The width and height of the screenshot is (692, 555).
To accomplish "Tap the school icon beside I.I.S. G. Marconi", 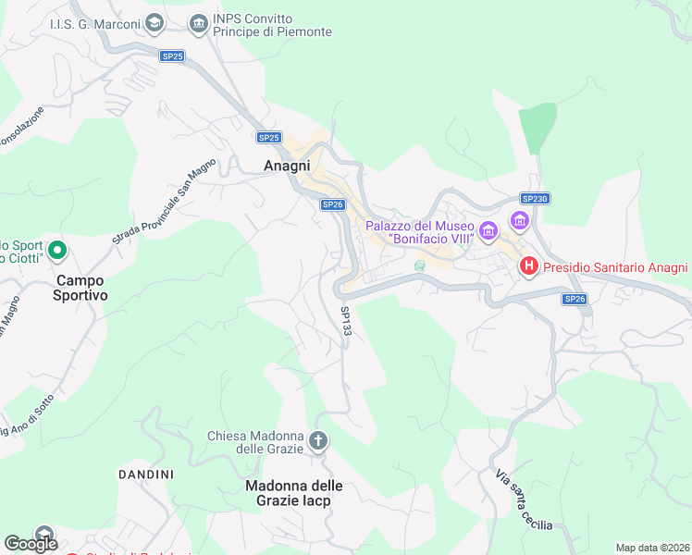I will pyautogui.click(x=155, y=22).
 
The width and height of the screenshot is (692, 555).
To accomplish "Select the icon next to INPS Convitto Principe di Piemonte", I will pyautogui.click(x=198, y=22).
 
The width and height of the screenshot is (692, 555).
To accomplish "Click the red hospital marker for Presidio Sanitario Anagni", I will pyautogui.click(x=529, y=266).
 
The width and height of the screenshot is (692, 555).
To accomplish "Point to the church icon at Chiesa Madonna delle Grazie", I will pyautogui.click(x=318, y=441).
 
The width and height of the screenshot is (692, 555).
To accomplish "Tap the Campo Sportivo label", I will pyautogui.click(x=80, y=288).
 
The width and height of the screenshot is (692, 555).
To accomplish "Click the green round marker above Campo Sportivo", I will pyautogui.click(x=56, y=250).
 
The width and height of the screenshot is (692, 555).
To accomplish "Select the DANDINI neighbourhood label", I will pyautogui.click(x=145, y=475).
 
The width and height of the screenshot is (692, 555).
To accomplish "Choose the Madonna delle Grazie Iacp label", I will pyautogui.click(x=294, y=493).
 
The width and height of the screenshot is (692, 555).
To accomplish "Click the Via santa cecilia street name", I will pyautogui.click(x=524, y=500).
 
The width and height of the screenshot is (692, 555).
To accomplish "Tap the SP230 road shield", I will pyautogui.click(x=535, y=199).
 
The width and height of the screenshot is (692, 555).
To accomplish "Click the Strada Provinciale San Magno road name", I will pyautogui.click(x=164, y=201).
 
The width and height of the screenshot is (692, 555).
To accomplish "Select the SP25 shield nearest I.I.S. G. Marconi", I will pyautogui.click(x=172, y=56).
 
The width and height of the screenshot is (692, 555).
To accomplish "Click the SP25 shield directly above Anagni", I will pyautogui.click(x=268, y=137).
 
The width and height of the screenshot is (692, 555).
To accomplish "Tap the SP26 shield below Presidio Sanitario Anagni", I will pyautogui.click(x=575, y=299).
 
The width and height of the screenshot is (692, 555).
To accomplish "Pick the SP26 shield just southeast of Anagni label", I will pyautogui.click(x=333, y=205).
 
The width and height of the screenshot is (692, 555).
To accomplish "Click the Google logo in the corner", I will pyautogui.click(x=31, y=544).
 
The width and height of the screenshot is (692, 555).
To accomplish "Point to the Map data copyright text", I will pyautogui.click(x=651, y=548).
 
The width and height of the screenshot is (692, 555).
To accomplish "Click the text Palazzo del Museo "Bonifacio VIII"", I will pyautogui.click(x=419, y=232).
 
